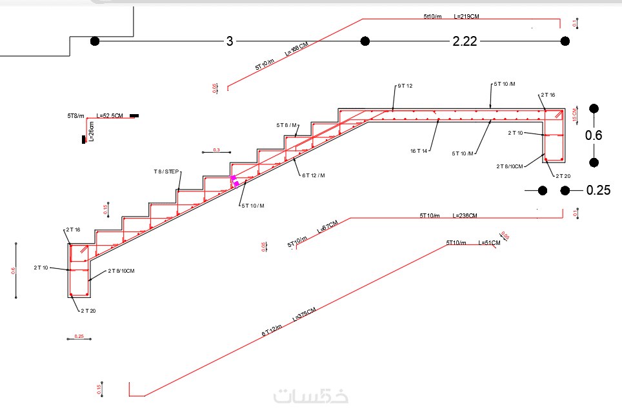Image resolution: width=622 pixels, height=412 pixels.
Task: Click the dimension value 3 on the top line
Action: click(x=229, y=41)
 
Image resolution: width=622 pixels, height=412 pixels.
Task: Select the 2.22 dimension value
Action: click(x=465, y=41)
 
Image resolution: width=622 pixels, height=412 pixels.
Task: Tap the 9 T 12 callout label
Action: click(x=405, y=86)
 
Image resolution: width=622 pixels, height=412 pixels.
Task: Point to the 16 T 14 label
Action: click(x=419, y=151)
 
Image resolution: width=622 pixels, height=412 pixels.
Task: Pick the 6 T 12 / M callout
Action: click(x=313, y=175)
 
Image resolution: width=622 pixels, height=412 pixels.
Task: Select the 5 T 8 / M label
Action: click(x=287, y=125)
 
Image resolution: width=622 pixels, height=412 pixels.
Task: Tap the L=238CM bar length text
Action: click(x=465, y=215)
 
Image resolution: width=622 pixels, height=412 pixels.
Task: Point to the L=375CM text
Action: click(x=304, y=315)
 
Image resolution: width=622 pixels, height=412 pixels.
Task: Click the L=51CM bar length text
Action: click(x=489, y=242)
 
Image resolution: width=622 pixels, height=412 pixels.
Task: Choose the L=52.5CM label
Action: click(x=110, y=116)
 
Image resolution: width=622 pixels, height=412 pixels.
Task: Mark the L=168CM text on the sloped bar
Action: click(x=296, y=50)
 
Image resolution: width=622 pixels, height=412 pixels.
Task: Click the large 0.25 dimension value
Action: click(x=597, y=190)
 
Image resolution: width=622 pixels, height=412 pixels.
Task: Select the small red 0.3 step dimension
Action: click(x=216, y=150)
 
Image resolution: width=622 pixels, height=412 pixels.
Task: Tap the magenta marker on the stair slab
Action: click(x=234, y=180)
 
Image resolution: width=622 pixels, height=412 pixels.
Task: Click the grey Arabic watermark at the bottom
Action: click(x=310, y=395)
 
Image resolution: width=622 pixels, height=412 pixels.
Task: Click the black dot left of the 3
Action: click(x=95, y=41)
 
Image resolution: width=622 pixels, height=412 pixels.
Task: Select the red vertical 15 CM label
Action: click(x=575, y=115)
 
